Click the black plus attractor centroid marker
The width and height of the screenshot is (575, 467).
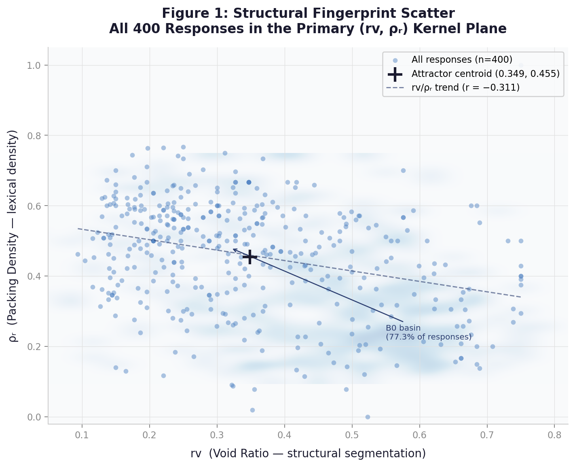click(x=250, y=257)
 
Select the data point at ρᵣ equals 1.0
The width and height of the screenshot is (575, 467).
click(x=521, y=65)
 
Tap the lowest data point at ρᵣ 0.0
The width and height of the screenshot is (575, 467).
click(x=368, y=417)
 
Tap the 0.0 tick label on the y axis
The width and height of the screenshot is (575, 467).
click(x=36, y=417)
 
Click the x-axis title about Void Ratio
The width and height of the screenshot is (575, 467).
click(x=308, y=453)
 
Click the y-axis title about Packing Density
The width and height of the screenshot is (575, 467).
click(x=13, y=236)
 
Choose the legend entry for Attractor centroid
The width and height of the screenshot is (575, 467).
click(x=485, y=74)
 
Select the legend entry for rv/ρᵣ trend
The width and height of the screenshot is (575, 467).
click(x=465, y=87)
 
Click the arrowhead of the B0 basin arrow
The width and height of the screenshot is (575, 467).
click(x=233, y=250)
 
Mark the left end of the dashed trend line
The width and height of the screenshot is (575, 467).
click(x=78, y=229)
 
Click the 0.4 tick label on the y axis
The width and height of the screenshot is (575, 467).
click(x=36, y=276)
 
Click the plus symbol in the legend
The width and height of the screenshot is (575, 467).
click(x=395, y=74)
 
